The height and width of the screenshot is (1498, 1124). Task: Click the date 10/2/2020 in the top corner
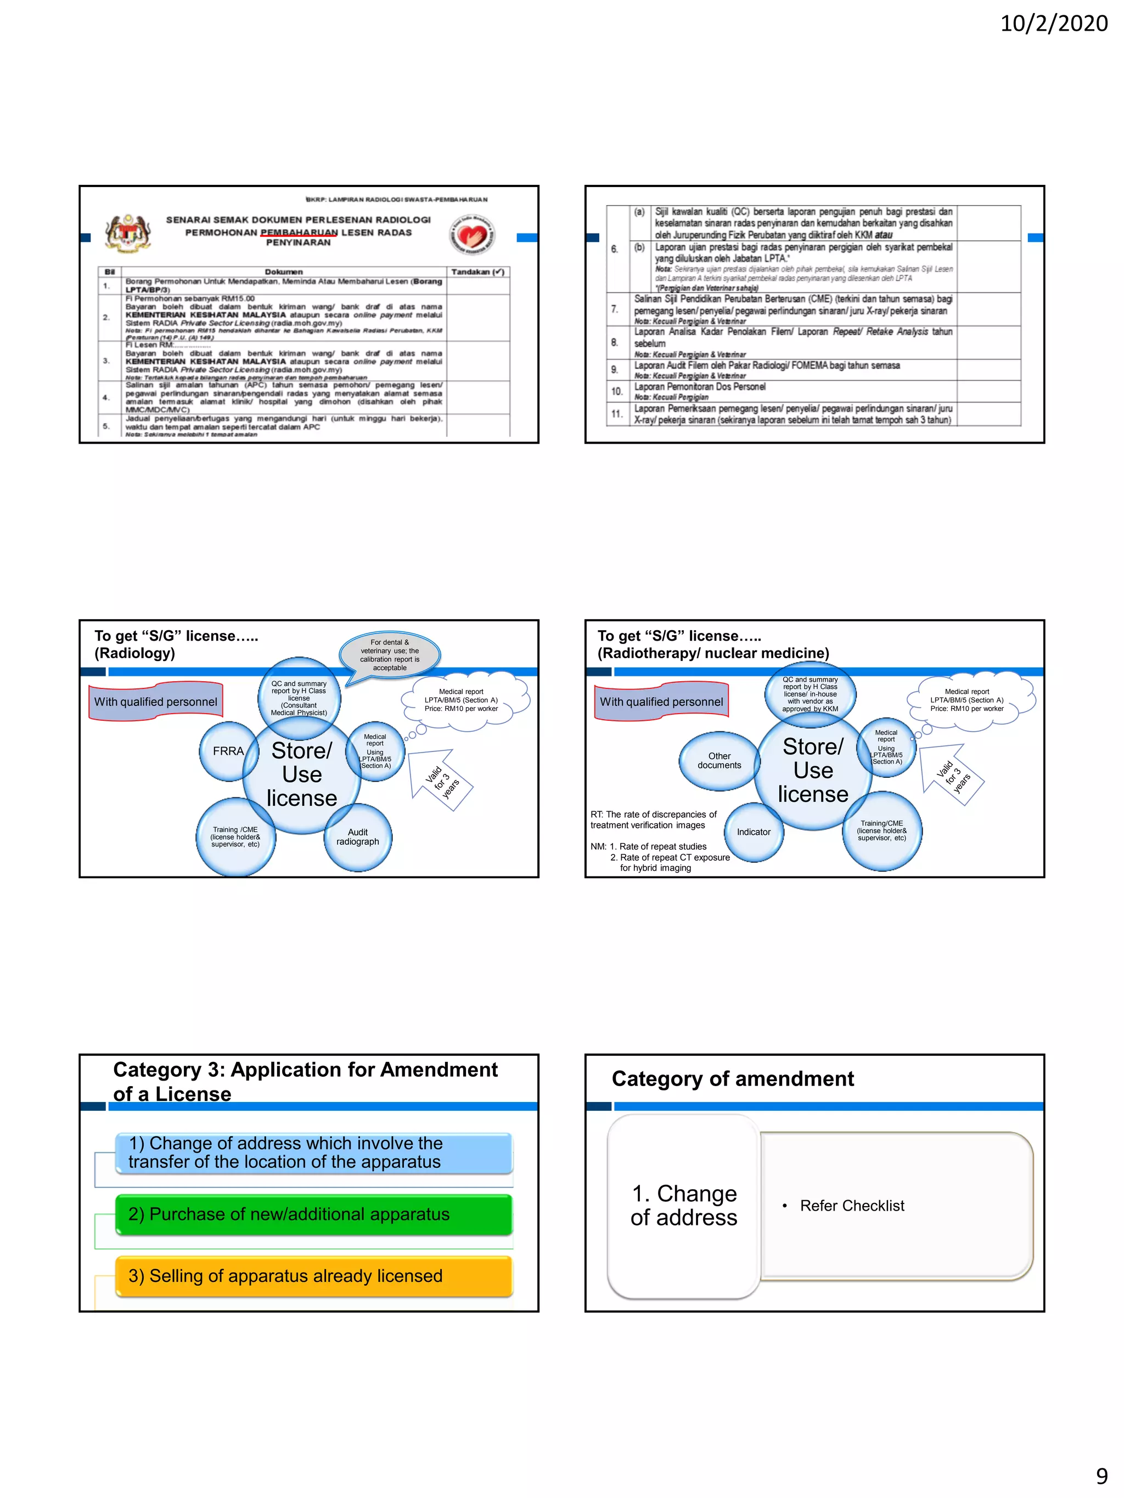pos(1054,24)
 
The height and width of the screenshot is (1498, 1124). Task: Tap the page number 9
pos(1101,1475)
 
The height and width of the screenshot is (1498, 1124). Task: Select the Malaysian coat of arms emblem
pos(127,234)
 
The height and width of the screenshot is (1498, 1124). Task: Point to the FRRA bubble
pos(228,751)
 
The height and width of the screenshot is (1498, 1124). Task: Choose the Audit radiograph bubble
pos(358,837)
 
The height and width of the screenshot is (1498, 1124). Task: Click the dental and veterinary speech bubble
pos(390,655)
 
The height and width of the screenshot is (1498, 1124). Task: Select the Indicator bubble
pos(754,832)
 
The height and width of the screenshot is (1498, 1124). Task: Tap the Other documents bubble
pos(719,760)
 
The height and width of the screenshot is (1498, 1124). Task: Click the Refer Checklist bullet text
pos(852,1206)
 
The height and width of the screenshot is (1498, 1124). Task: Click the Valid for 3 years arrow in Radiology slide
pos(442,779)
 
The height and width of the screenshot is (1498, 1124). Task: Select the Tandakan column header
pos(477,272)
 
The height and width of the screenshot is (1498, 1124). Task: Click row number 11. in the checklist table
pos(616,414)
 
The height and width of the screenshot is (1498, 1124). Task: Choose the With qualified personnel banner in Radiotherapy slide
pos(661,702)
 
